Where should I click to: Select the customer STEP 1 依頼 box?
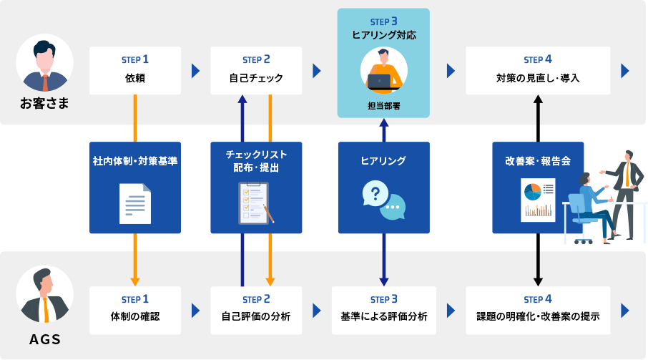click(134, 70)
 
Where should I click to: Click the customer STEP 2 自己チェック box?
click(256, 70)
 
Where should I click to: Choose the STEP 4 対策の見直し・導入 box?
click(538, 70)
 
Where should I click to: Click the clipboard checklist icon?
click(256, 202)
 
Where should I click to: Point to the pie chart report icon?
click(538, 200)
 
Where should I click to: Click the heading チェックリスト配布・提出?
click(256, 161)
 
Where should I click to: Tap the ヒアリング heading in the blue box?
click(383, 161)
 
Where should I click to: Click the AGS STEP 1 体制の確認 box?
click(134, 310)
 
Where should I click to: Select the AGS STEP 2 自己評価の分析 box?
click(256, 310)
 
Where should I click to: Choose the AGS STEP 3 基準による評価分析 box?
click(383, 310)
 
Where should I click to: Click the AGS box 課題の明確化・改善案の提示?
click(538, 310)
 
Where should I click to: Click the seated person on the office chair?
click(594, 204)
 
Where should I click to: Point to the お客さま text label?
click(44, 104)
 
